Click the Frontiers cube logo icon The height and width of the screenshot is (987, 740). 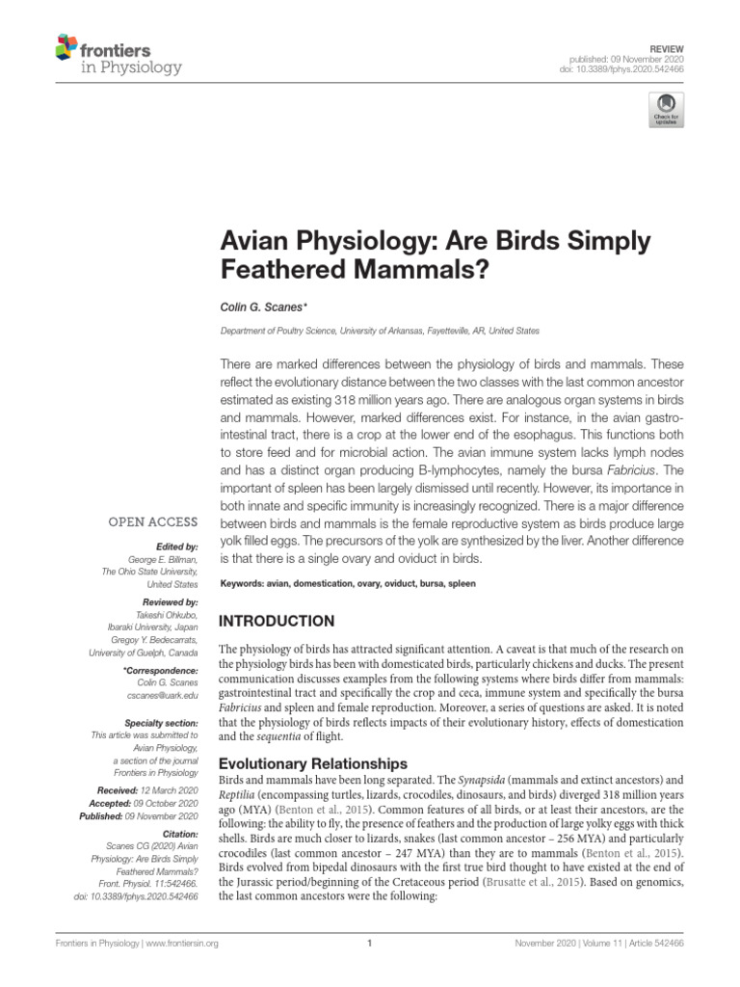(66, 44)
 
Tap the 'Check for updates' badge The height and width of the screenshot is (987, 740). (666, 109)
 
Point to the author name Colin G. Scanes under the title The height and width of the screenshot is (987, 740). (264, 307)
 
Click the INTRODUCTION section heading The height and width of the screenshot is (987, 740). (277, 621)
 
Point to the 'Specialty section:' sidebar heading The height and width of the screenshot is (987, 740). (162, 722)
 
